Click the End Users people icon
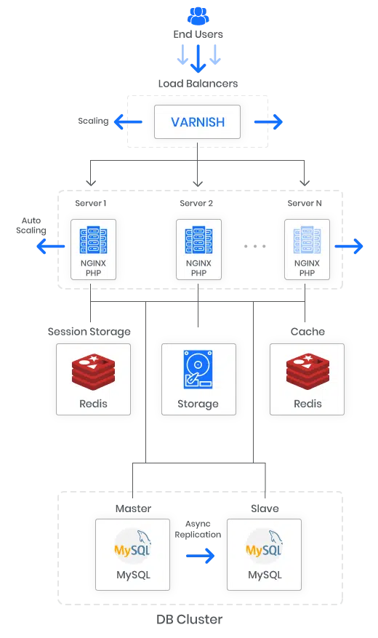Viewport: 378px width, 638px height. [x=198, y=16]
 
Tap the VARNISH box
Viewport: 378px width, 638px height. [x=197, y=121]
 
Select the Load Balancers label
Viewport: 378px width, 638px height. [x=198, y=84]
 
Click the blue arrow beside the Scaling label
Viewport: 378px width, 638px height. [x=128, y=121]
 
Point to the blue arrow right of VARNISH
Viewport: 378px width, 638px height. [x=268, y=121]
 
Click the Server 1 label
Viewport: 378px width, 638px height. [x=91, y=203]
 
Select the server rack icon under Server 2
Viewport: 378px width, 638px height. [x=198, y=241]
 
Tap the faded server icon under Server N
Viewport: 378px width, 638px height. [x=307, y=241]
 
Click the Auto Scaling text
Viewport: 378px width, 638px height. [x=31, y=226]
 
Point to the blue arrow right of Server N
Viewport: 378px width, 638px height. [x=349, y=246]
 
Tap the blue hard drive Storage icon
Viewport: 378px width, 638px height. [x=198, y=370]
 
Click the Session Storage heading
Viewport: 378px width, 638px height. [x=89, y=332]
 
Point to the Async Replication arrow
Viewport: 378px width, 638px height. [x=201, y=556]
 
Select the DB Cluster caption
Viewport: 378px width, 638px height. [x=190, y=619]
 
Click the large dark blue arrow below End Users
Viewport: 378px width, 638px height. [x=198, y=59]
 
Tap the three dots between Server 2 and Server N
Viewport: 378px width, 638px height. [x=255, y=246]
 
